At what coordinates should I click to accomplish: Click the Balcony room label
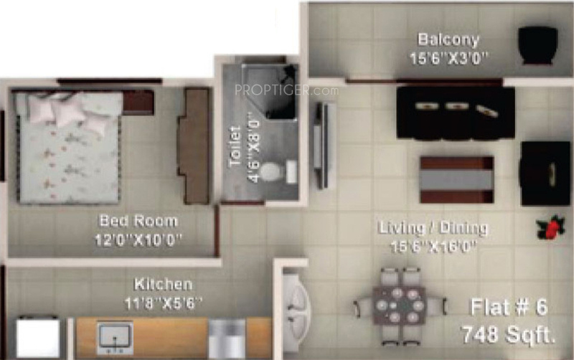(448, 39)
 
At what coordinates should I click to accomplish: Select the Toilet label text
(235, 147)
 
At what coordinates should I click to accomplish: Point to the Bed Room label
(138, 220)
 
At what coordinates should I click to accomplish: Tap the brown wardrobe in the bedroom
(193, 146)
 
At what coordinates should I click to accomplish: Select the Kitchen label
(162, 284)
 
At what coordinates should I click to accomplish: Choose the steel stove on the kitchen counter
(227, 338)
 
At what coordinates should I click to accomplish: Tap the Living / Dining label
(434, 229)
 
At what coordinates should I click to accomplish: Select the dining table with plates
(398, 307)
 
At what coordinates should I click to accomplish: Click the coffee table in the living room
(456, 179)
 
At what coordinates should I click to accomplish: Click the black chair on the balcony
(537, 46)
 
